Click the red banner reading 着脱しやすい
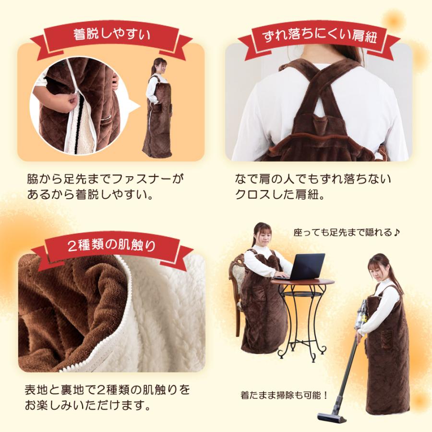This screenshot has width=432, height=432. [112, 35]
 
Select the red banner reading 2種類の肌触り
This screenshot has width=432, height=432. [112, 246]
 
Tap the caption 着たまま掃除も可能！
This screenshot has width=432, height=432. [284, 396]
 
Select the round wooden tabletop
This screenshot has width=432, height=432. [302, 282]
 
